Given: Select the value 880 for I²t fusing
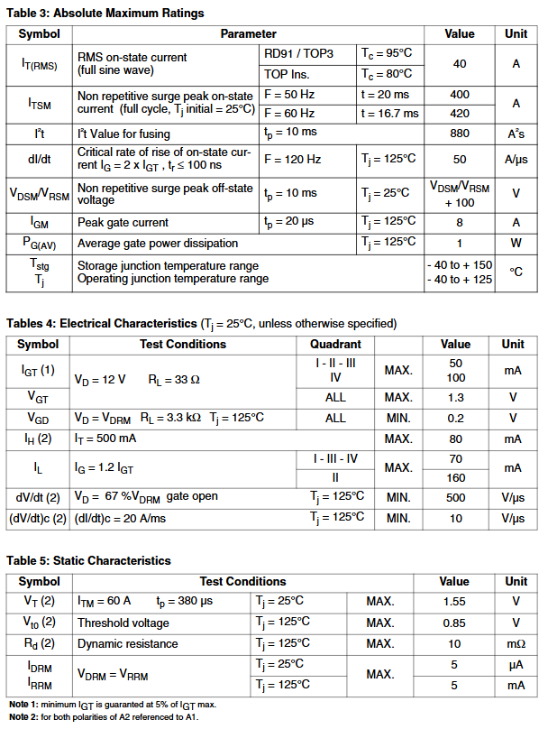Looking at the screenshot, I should [x=460, y=134].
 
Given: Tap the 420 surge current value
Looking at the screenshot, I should [x=460, y=114].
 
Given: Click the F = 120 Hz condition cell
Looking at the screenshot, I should [x=292, y=159].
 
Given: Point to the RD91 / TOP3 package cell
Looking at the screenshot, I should [x=298, y=54].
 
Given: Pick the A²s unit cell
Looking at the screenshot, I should [x=516, y=134].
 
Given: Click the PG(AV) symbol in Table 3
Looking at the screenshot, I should [x=39, y=243].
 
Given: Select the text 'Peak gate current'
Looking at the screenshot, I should [x=123, y=223].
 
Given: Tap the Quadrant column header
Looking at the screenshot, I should [x=335, y=344].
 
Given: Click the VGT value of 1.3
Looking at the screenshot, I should [x=455, y=397].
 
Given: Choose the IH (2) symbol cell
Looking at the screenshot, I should [x=39, y=438].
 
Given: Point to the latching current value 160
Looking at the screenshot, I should [x=455, y=478].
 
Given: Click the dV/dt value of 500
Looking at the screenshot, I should [x=455, y=497].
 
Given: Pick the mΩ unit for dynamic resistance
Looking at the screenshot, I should [x=516, y=643].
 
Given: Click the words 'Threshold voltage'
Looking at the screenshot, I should [x=123, y=623].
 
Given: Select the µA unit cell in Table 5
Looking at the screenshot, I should [x=516, y=664].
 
